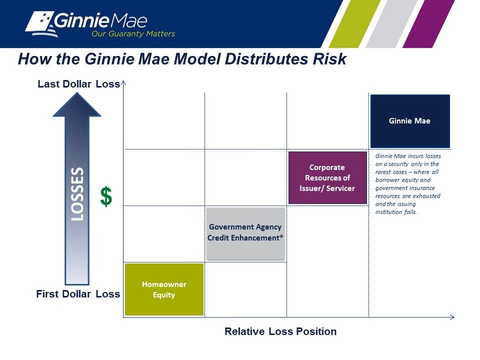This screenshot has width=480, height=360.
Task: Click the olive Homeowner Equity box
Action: [164, 289]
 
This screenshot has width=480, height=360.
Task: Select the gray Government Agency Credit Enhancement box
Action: [245, 233]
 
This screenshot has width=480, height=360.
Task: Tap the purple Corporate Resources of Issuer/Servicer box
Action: [327, 177]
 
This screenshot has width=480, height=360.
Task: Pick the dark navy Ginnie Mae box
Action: [410, 121]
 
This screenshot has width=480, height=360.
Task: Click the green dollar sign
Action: [106, 196]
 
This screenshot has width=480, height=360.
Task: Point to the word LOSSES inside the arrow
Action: [77, 194]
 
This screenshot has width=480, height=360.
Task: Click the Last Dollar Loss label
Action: [78, 84]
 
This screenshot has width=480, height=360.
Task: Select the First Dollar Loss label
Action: [78, 294]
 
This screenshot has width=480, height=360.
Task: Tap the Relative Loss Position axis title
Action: [280, 331]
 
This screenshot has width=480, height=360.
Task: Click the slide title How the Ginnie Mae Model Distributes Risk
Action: [182, 59]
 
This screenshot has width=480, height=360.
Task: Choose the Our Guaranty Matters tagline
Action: [133, 33]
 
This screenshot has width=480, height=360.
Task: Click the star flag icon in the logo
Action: [41, 24]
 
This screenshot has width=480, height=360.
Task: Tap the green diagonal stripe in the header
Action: [354, 23]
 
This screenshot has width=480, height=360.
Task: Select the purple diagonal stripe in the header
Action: [428, 23]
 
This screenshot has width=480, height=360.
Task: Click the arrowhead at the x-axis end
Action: [452, 317]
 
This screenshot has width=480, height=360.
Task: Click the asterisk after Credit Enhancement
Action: [281, 236]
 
